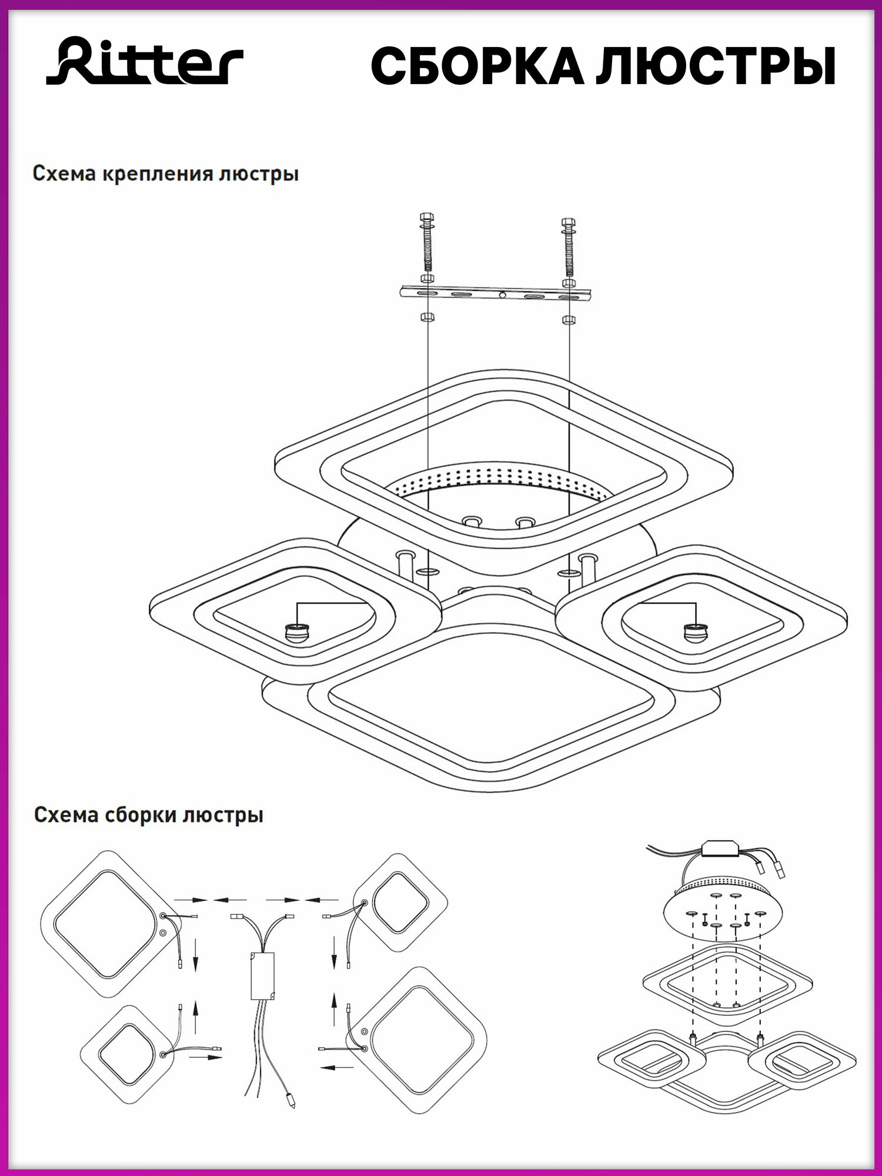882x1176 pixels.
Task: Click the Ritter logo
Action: [x=145, y=61]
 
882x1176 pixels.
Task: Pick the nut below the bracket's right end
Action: [x=568, y=320]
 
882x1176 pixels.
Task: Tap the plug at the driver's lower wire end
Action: [x=290, y=1098]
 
